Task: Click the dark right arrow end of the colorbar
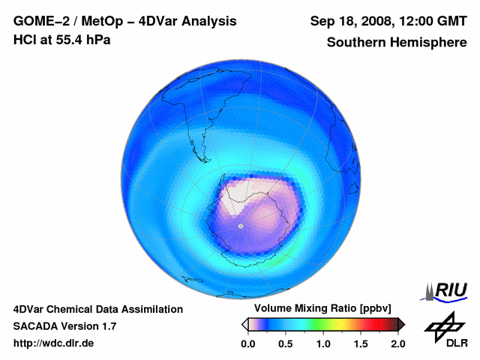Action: click(x=401, y=324)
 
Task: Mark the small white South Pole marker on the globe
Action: click(x=240, y=225)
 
